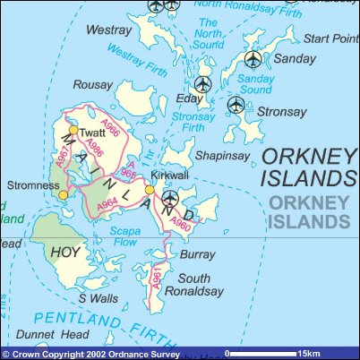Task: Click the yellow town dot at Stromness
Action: tap(63, 193)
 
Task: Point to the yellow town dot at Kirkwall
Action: tap(150, 189)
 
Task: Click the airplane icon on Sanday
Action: tap(253, 59)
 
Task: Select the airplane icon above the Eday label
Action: tap(202, 85)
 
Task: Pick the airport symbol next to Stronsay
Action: tap(236, 105)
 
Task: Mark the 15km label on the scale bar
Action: tap(310, 353)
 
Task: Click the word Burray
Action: tap(198, 255)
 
